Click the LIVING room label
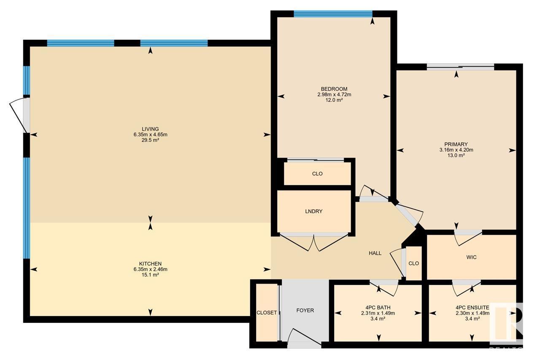(x=150, y=129)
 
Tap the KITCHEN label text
(x=150, y=264)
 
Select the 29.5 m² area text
(x=150, y=140)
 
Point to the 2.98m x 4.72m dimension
(x=334, y=95)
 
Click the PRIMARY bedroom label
(x=456, y=144)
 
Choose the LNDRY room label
(x=313, y=211)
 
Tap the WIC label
(x=471, y=257)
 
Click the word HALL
(x=375, y=253)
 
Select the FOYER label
(x=305, y=310)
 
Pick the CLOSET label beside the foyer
(x=267, y=313)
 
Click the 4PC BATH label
(x=378, y=307)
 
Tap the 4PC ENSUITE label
(x=472, y=307)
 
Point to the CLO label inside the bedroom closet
(x=317, y=173)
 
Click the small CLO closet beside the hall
(x=414, y=263)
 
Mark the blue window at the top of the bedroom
(x=333, y=14)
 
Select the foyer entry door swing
(x=304, y=338)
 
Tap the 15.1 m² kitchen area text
(x=150, y=275)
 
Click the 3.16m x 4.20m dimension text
(x=456, y=150)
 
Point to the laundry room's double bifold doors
(x=314, y=242)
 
